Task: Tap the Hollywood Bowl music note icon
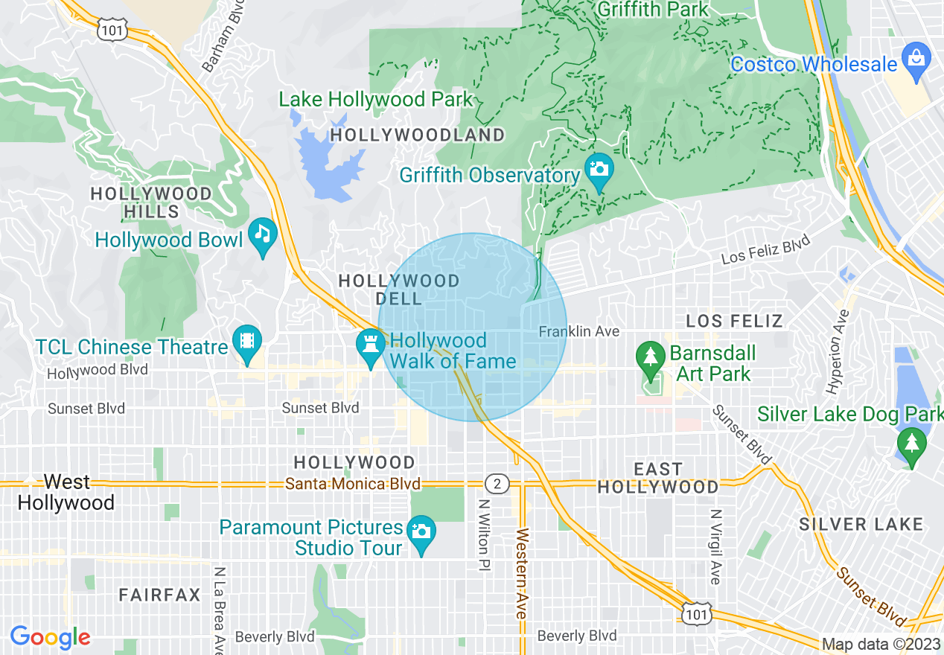click(262, 234)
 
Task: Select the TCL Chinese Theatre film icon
click(246, 342)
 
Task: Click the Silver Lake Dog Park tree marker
click(912, 444)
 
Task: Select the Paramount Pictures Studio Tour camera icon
click(421, 531)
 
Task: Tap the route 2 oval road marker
click(497, 485)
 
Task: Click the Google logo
click(50, 637)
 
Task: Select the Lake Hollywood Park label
click(375, 99)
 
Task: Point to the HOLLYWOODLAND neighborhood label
click(417, 135)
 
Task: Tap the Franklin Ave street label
click(578, 331)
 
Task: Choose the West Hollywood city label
click(66, 493)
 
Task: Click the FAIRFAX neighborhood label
click(160, 595)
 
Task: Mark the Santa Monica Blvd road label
click(353, 484)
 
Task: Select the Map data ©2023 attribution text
click(881, 645)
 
